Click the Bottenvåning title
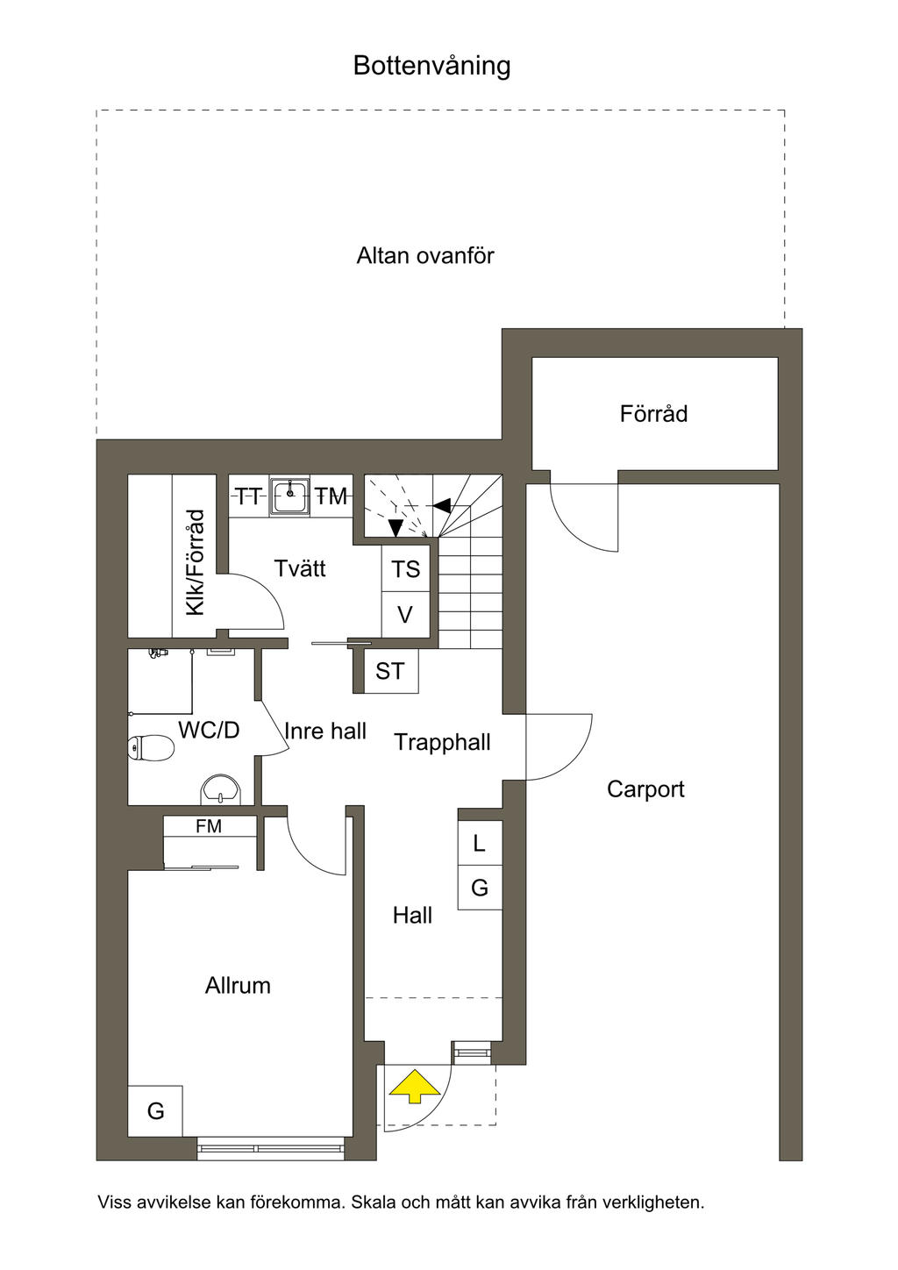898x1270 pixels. coord(431,66)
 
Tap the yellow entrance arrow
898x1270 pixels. coord(415,1086)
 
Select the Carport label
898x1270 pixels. coord(645,789)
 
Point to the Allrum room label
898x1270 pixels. coord(238,985)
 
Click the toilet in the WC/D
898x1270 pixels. coord(151,746)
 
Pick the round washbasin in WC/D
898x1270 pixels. coord(221,789)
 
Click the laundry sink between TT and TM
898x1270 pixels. coord(290,496)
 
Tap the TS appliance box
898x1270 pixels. coord(405,568)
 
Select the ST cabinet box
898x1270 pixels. coord(390,671)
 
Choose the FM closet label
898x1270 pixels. coord(209,826)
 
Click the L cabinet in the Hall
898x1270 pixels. coord(480,843)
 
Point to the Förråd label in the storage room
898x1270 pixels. coord(653,414)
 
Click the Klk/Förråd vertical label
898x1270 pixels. coord(196,562)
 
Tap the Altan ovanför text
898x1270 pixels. coord(425,256)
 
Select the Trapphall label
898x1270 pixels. coord(442,742)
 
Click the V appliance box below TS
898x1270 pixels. coord(405,615)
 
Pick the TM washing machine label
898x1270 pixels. coord(331,496)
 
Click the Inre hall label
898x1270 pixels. coord(324,731)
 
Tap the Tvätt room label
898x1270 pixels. coord(300,568)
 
